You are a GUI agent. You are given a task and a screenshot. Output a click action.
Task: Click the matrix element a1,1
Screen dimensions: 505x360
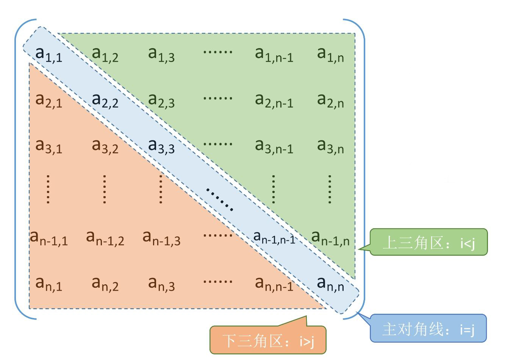48,54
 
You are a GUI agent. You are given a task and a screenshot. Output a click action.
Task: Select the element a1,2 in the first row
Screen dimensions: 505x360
105,54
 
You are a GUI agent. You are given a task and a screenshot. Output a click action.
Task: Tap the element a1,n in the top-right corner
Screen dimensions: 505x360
330,54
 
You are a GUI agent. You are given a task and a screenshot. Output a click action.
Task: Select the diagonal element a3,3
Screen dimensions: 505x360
161,146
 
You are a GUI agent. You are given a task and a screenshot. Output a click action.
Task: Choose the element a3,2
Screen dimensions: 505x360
105,146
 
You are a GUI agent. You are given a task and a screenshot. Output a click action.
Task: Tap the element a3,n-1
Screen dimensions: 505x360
274,146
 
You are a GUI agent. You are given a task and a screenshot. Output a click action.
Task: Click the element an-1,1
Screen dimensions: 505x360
49,238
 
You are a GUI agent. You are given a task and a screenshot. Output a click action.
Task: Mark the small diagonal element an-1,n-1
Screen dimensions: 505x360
274,237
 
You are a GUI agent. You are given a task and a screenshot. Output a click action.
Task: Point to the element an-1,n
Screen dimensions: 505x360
330,238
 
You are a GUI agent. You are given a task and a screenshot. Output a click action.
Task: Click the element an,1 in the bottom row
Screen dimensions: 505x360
48,284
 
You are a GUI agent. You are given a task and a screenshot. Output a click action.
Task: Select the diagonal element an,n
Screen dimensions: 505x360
330,284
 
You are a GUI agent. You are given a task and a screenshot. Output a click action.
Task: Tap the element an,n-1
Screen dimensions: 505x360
274,284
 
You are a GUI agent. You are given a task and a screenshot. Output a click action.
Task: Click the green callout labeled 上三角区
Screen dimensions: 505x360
428,242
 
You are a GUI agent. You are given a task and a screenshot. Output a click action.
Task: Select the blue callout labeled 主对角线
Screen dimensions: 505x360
428,329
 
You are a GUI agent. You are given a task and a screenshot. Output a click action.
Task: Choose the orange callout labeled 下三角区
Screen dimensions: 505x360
268,340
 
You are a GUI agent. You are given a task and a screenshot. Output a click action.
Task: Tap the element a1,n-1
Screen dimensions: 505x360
274,54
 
